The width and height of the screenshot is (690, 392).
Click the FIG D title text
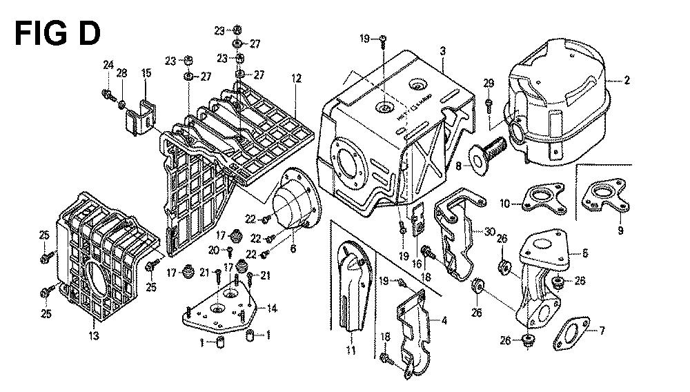pos(58,32)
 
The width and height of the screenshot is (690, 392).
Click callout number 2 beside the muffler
pos(627,81)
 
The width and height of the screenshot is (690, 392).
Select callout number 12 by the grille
pos(296,79)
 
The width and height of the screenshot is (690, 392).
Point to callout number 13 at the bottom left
pos(94,336)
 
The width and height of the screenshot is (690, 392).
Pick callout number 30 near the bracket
pos(490,231)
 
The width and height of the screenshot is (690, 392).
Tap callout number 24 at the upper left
pos(108,65)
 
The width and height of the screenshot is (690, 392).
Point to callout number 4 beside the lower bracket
pos(444,320)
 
